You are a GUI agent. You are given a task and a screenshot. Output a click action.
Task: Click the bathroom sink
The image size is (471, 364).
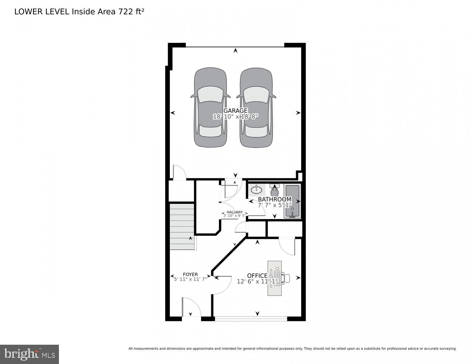(257, 189)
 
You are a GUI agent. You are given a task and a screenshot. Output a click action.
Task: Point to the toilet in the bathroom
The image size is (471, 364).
(275, 190)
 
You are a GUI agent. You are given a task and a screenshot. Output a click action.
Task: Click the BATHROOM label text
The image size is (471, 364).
(275, 199)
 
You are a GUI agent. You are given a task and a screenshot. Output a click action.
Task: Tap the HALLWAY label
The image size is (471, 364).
(235, 212)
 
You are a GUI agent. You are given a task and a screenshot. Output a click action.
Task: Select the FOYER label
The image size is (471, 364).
(190, 274)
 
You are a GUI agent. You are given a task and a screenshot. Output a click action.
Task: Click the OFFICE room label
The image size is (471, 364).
(258, 276)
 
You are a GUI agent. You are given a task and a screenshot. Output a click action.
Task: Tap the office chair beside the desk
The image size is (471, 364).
(286, 278)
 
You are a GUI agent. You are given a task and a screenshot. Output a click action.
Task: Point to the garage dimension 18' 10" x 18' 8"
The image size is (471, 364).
(235, 117)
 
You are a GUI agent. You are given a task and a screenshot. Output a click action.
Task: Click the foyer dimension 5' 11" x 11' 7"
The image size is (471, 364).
(190, 279)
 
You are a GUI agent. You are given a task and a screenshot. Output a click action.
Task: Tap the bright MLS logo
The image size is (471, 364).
(29, 353)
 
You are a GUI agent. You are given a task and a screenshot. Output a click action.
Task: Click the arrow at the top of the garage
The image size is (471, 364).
(236, 51)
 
